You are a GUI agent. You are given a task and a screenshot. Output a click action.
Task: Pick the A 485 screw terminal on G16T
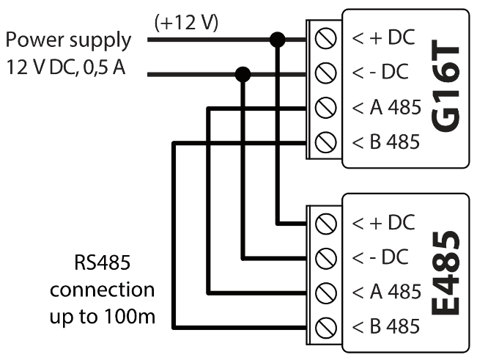coord(325,109)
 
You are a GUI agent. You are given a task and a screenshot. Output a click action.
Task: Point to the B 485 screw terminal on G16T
coord(325,142)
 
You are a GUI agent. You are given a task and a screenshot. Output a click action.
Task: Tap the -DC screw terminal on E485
coord(325,257)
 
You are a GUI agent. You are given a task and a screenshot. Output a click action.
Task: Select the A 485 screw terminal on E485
coord(325,292)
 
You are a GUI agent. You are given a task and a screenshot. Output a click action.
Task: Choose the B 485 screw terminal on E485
coord(325,326)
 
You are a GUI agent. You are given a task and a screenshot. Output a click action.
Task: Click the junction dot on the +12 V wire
coord(277,40)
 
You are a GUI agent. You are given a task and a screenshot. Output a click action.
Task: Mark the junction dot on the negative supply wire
coord(243,73)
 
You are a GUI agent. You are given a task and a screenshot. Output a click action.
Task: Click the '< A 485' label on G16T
coord(386,109)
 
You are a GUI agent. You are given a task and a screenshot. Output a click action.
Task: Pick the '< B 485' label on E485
coord(386,326)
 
